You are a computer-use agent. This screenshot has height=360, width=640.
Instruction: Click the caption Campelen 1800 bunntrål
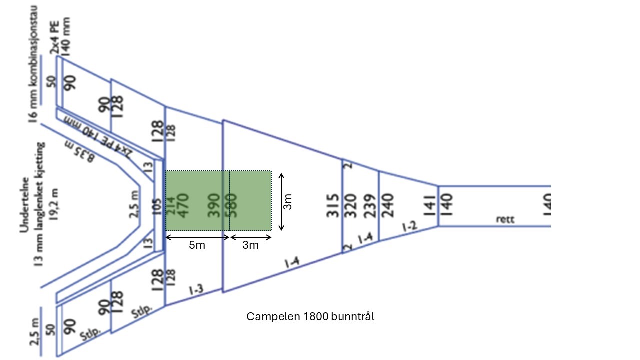pos(310,317)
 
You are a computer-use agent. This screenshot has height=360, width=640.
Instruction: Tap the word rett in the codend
pos(505,219)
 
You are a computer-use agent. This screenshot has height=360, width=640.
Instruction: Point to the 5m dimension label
pos(196,245)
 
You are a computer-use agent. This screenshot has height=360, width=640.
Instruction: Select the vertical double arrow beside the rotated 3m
pos(282,201)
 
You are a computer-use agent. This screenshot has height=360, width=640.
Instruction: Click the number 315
pos(333,206)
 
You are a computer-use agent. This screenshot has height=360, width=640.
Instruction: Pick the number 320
pos(351,206)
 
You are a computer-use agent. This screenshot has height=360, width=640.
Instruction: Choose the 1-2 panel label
pos(409,227)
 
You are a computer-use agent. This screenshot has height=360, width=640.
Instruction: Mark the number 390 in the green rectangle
pos(214,205)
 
